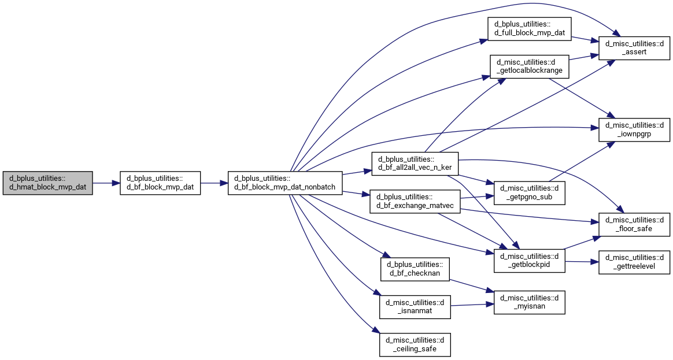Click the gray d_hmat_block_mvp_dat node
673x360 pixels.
(47, 183)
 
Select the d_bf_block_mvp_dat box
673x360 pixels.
(160, 183)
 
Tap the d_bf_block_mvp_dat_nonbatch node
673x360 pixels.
(285, 183)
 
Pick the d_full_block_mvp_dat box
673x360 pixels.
(529, 29)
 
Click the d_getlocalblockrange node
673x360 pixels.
(529, 66)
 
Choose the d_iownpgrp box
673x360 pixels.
(634, 129)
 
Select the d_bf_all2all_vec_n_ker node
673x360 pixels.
(415, 164)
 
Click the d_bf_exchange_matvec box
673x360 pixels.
(415, 202)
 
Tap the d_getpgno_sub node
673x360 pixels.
(529, 192)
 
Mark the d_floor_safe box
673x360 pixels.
(634, 224)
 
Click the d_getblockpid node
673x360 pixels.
(529, 261)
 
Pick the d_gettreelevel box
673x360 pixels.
(634, 262)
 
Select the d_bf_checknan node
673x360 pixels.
(415, 269)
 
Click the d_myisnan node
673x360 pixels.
(529, 302)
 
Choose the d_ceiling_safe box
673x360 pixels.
(415, 344)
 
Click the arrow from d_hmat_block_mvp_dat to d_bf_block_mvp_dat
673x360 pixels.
(106, 183)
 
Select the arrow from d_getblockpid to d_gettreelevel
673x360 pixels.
(582, 261)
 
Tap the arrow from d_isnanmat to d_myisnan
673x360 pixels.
(472, 305)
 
